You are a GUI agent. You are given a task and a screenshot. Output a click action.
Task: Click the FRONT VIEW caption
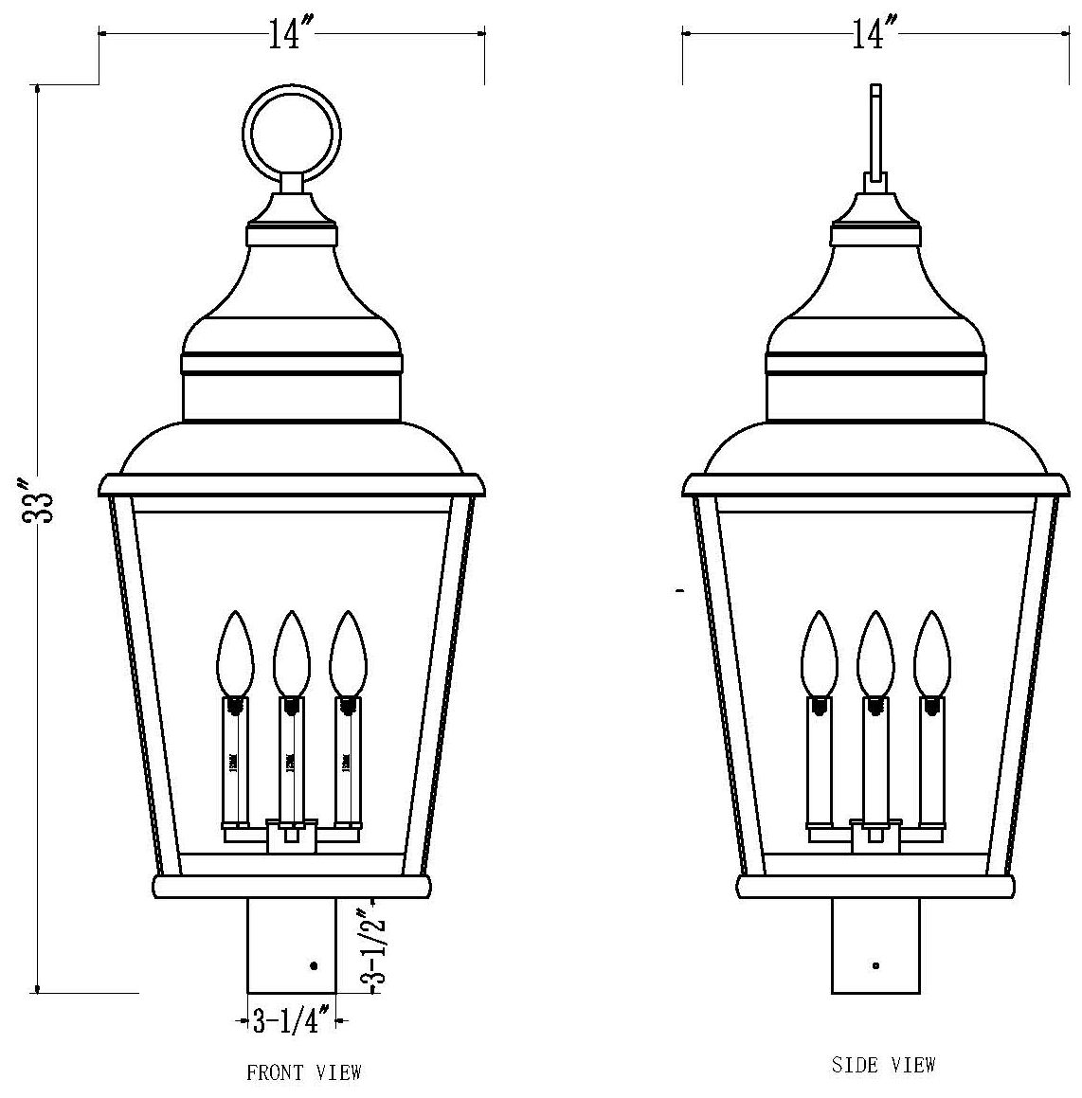click(x=304, y=1073)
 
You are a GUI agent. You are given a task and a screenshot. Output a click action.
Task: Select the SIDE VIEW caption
click(x=883, y=1065)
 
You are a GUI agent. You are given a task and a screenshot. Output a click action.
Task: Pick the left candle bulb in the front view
click(x=235, y=655)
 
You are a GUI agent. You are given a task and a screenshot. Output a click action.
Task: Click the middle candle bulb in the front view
click(x=291, y=655)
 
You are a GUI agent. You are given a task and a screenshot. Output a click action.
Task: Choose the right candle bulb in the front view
click(x=347, y=655)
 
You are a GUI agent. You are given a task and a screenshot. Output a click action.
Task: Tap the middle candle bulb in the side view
click(x=875, y=655)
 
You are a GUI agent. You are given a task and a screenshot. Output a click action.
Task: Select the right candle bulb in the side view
click(x=931, y=655)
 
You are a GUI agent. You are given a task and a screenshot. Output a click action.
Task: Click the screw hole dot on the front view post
click(x=314, y=965)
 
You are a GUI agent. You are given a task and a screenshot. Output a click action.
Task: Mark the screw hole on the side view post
click(x=875, y=965)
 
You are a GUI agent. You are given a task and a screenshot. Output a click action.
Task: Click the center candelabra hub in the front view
click(x=291, y=836)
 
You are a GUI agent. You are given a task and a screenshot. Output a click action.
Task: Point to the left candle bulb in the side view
click(x=820, y=655)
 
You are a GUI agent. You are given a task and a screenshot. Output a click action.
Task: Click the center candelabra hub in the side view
click(x=875, y=836)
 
